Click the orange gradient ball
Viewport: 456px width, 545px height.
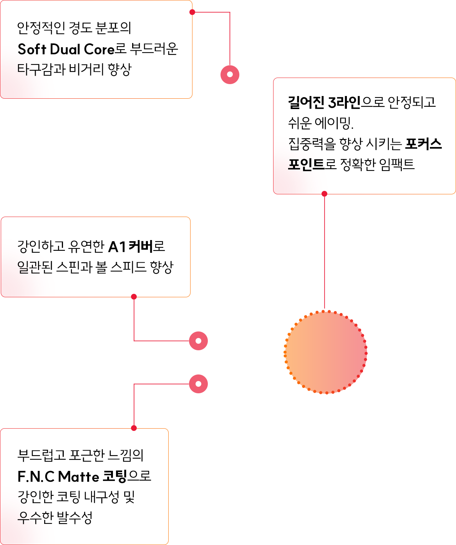pyautogui.click(x=326, y=352)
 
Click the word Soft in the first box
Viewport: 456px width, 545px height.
pyautogui.click(x=32, y=49)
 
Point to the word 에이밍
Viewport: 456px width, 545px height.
pyautogui.click(x=334, y=123)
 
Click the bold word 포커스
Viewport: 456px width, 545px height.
pyautogui.click(x=423, y=144)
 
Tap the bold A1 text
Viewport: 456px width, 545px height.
pyautogui.click(x=117, y=246)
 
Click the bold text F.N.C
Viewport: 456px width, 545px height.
pyautogui.click(x=36, y=477)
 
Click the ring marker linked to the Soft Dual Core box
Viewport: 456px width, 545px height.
pyautogui.click(x=230, y=75)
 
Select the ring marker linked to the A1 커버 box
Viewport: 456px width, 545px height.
pyautogui.click(x=198, y=341)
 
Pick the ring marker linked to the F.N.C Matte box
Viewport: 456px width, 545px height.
pyautogui.click(x=198, y=384)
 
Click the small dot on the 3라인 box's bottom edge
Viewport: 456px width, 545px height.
pyautogui.click(x=324, y=194)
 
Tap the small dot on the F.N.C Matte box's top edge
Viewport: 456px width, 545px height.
pyautogui.click(x=134, y=428)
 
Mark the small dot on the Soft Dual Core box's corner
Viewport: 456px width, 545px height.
pyautogui.click(x=192, y=12)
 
